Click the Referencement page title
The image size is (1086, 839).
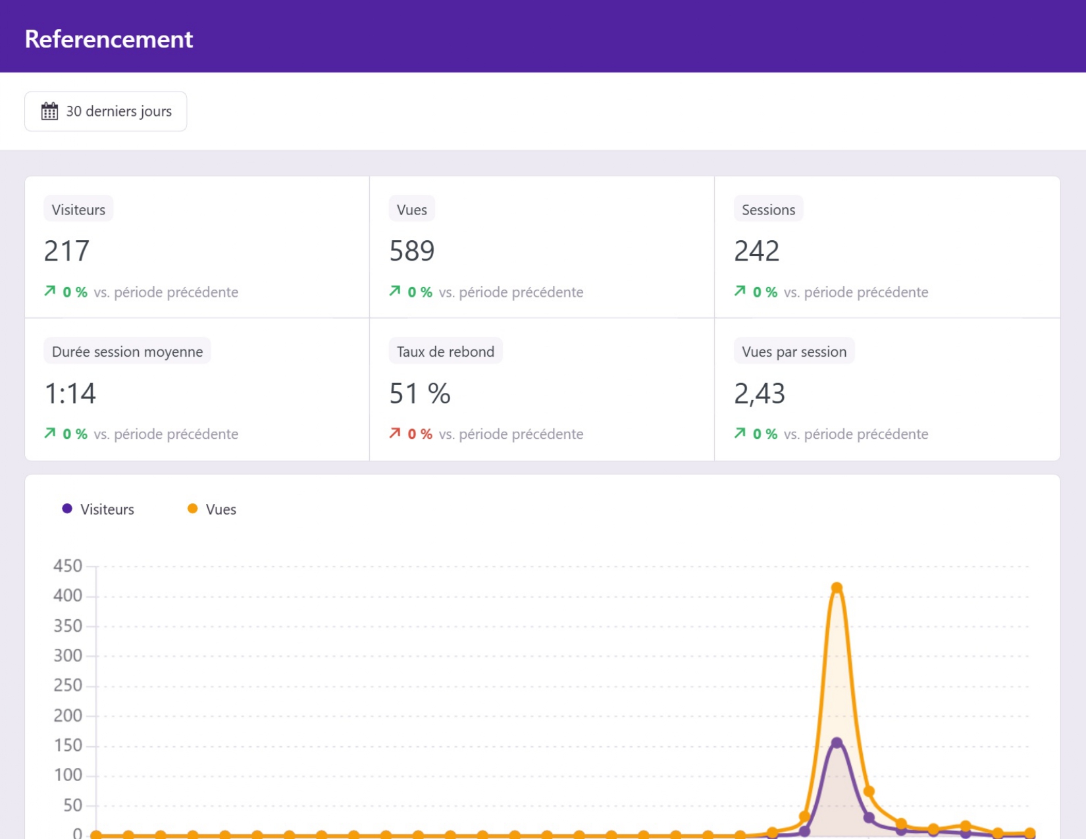point(109,39)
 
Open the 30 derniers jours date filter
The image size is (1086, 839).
point(105,111)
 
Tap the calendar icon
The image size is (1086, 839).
point(49,111)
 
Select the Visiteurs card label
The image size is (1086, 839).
point(78,209)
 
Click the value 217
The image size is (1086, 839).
point(66,250)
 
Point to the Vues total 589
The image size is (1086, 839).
point(412,250)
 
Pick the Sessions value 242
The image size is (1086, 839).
point(757,250)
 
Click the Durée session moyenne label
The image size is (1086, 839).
point(127,351)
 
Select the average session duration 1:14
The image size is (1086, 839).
point(70,393)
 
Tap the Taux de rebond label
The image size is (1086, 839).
point(446,351)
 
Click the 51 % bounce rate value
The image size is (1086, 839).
point(420,393)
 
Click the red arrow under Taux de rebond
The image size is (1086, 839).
point(395,433)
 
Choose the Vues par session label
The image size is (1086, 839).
point(794,351)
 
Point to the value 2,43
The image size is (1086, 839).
point(760,394)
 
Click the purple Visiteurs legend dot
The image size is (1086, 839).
point(67,509)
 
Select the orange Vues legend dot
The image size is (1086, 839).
point(192,509)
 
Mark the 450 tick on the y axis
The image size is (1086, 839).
point(68,566)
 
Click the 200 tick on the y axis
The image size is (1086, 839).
point(68,715)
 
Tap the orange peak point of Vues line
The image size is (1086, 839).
point(837,587)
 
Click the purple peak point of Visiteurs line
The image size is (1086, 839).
point(837,742)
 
